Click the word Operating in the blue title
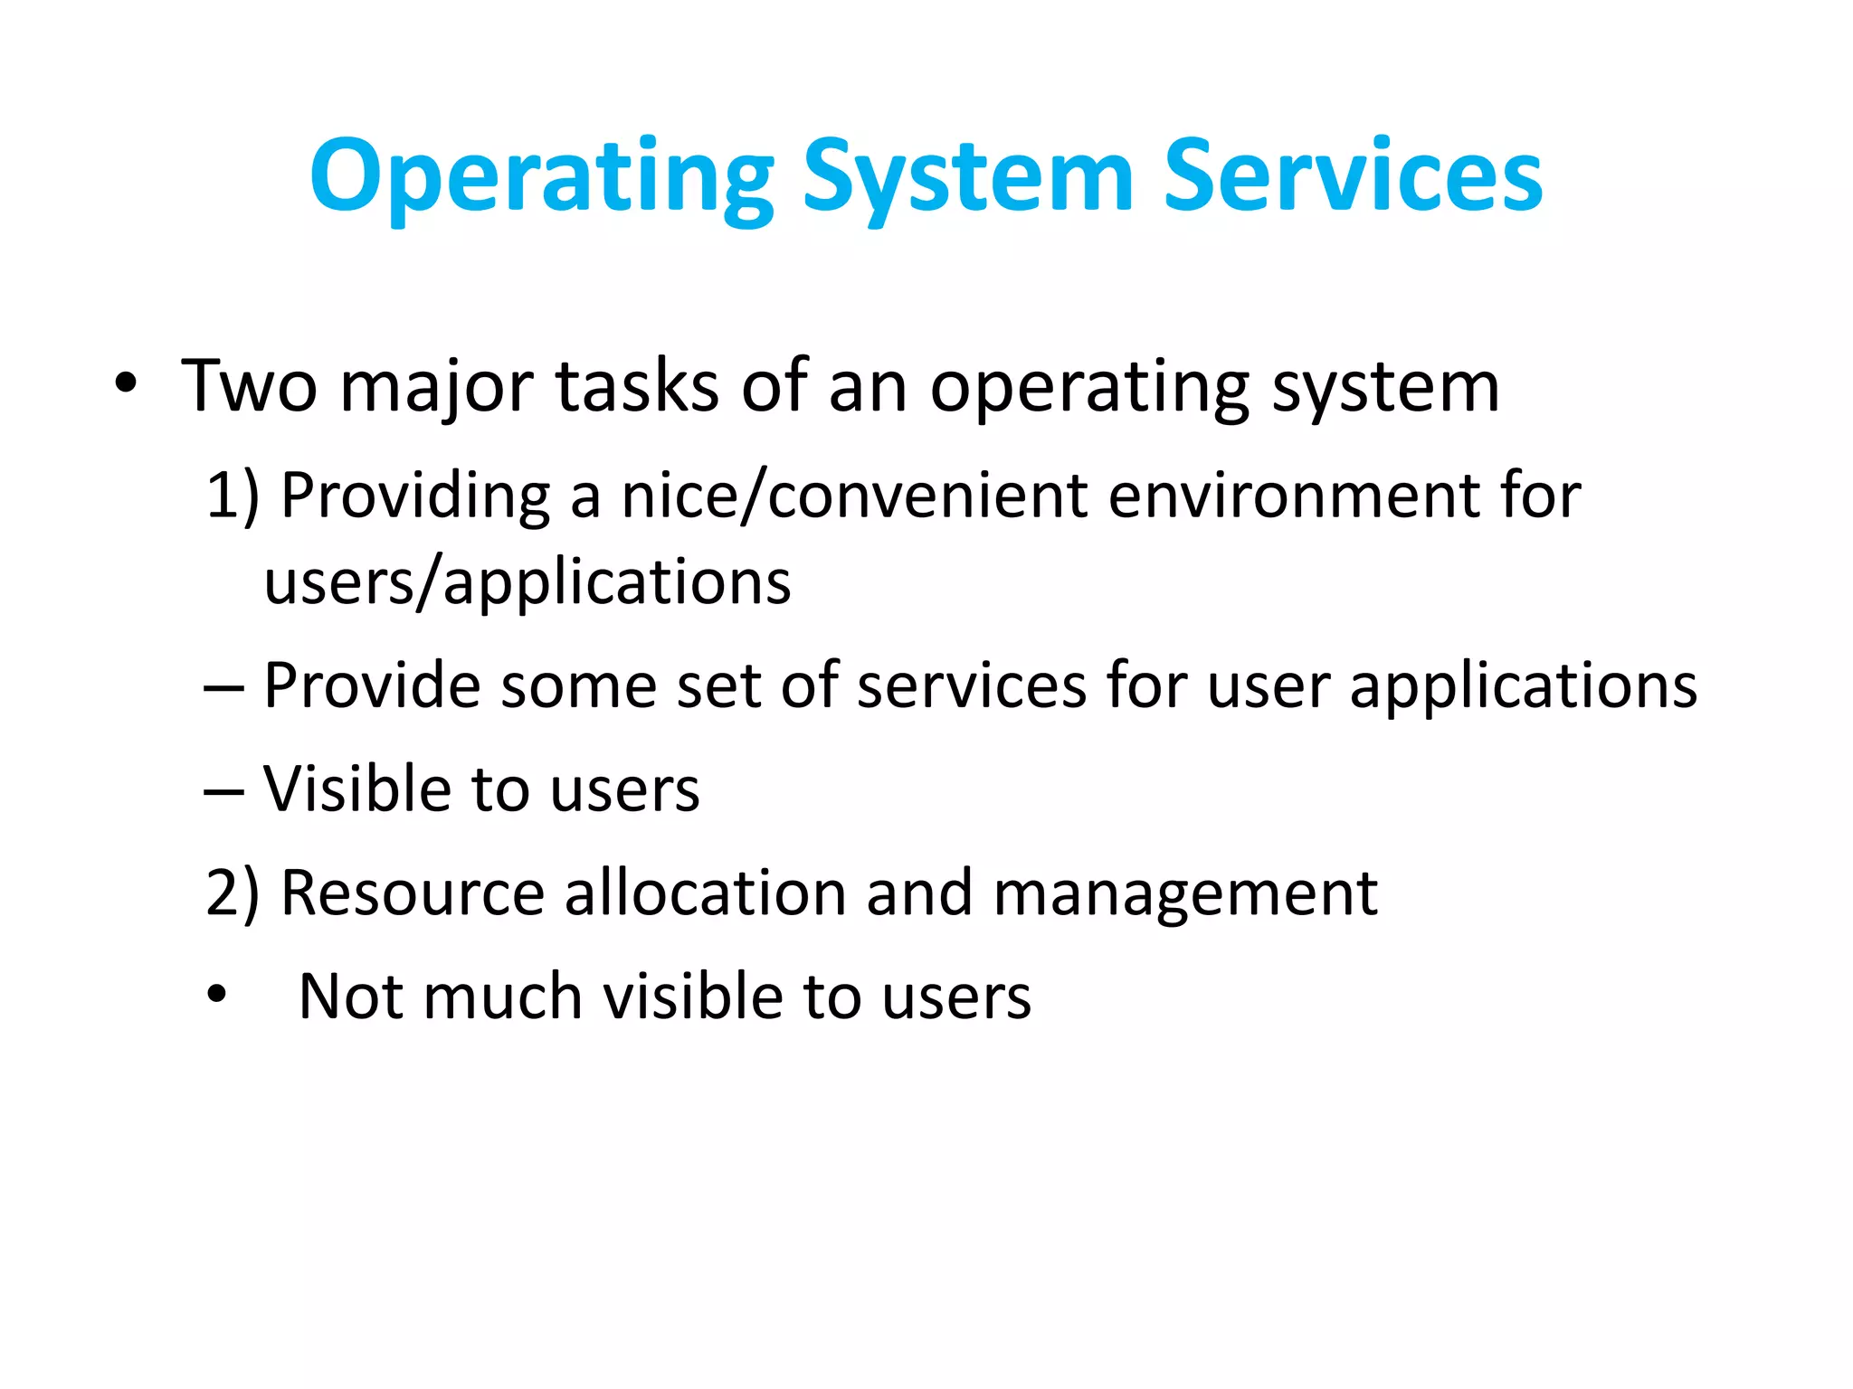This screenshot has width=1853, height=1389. click(541, 177)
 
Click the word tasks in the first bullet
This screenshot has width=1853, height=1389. click(637, 387)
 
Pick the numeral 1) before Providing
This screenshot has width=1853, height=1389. click(232, 496)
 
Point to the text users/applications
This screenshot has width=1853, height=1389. click(527, 582)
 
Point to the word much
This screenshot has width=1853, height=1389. click(502, 997)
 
